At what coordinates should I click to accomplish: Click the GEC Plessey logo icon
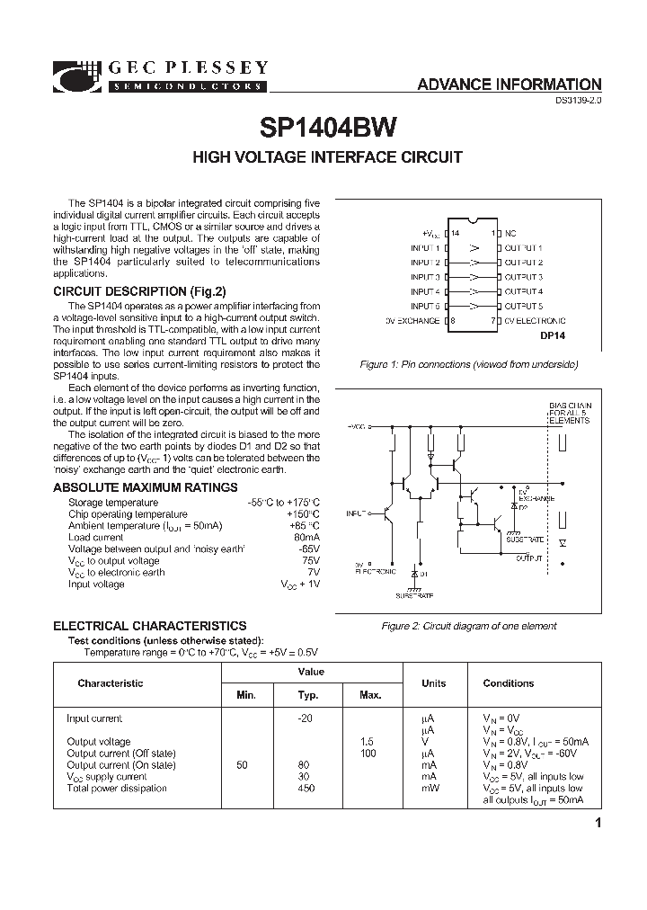(78, 76)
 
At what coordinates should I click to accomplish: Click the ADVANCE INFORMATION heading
(509, 85)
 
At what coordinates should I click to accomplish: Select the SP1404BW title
(329, 128)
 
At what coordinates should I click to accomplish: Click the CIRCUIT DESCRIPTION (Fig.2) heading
(139, 291)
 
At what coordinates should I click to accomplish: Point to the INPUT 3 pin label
(425, 277)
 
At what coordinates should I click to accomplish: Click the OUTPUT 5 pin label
(523, 306)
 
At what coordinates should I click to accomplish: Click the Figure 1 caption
(468, 364)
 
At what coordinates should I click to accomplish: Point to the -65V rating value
(308, 549)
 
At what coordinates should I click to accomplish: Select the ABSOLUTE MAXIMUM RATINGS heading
(146, 487)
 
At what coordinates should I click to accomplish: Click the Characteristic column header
(110, 683)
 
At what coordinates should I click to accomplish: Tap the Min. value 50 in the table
(242, 765)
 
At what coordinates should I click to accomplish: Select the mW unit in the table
(429, 789)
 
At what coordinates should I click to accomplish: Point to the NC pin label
(510, 233)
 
